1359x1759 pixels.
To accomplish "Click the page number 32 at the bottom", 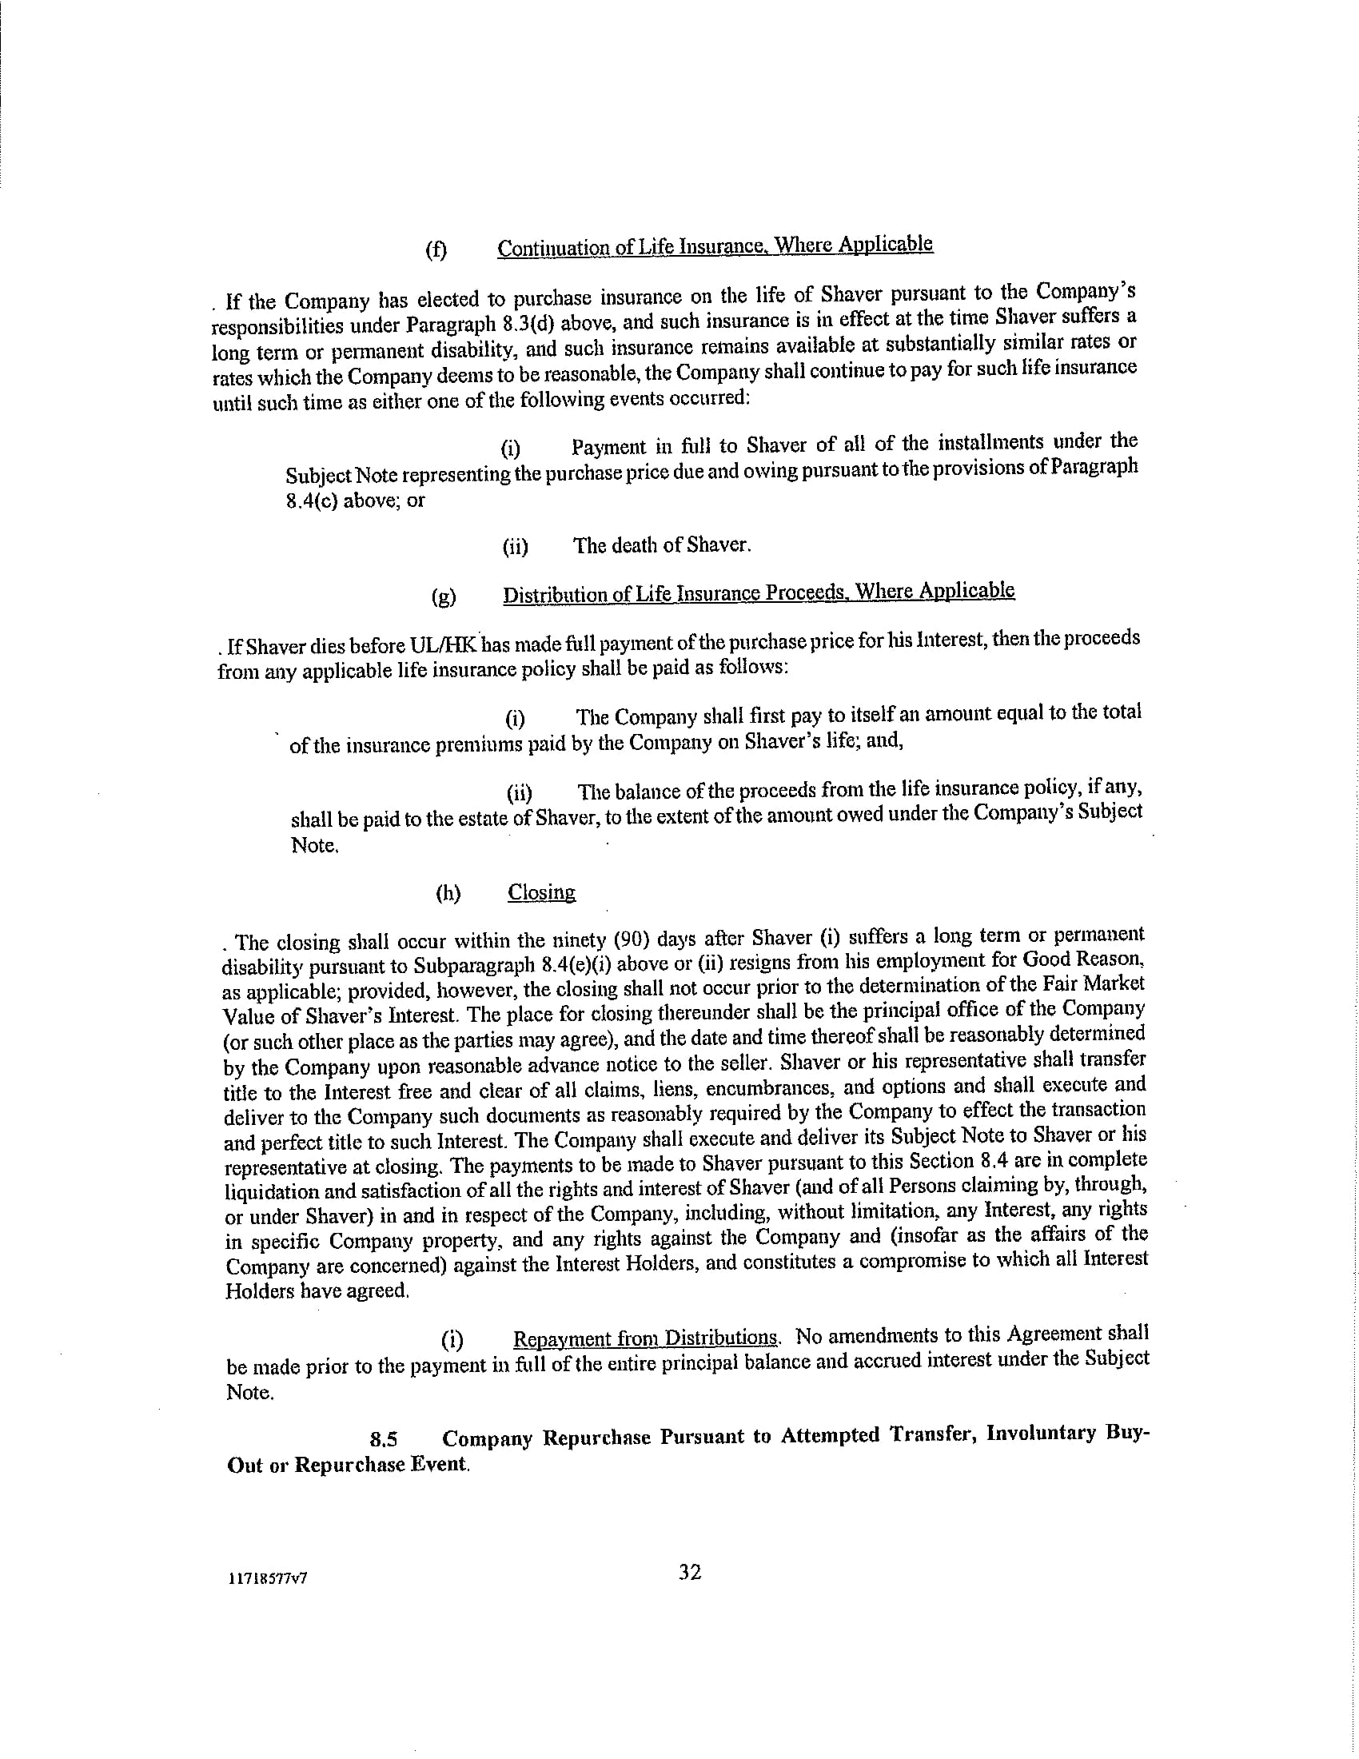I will [690, 1571].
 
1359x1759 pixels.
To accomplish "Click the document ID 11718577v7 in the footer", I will [267, 1578].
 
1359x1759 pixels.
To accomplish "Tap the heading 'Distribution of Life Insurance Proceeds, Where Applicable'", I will [759, 592].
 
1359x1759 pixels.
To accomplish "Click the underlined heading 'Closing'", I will [541, 892].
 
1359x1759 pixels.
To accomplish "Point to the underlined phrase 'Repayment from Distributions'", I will [645, 1338].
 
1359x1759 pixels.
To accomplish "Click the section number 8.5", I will [384, 1438].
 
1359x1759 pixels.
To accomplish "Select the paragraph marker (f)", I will [436, 249].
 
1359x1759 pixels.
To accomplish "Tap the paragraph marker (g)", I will [443, 596].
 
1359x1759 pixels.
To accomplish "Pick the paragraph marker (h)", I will [448, 893].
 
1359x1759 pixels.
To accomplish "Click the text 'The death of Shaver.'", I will [662, 546].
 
